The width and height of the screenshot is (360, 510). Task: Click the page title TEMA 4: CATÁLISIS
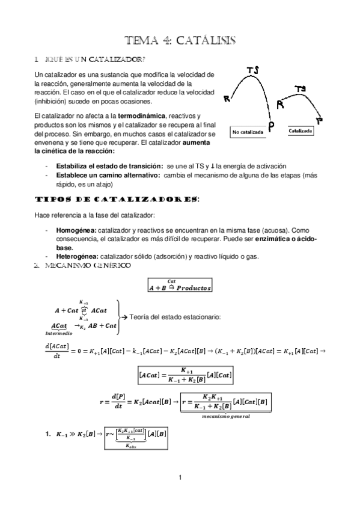(180, 40)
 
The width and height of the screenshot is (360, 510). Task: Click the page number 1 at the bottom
(180, 478)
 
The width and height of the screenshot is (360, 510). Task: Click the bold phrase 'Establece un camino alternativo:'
(107, 174)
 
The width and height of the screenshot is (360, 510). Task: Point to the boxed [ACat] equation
(186, 375)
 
